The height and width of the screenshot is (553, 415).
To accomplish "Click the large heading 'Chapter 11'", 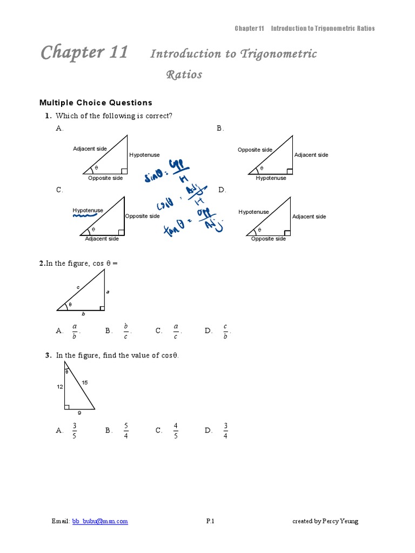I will click(x=84, y=52).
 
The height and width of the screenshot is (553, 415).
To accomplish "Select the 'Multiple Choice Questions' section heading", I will click(x=96, y=103).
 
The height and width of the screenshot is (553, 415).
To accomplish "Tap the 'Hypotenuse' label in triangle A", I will click(x=144, y=155).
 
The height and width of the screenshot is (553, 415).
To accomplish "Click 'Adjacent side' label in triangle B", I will click(x=311, y=155).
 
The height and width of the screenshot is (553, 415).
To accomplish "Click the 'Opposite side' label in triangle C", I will click(x=143, y=216).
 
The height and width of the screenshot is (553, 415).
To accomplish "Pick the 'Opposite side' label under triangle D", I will click(x=269, y=239).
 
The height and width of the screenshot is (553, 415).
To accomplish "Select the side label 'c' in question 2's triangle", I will click(x=78, y=287).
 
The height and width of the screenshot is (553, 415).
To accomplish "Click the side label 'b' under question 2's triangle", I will click(x=83, y=314).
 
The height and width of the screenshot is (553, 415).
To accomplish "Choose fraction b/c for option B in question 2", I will click(x=125, y=331).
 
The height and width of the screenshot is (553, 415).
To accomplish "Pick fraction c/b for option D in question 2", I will click(x=225, y=331).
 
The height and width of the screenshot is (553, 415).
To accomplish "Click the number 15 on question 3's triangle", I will click(x=85, y=382).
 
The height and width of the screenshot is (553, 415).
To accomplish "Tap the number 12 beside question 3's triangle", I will click(x=60, y=387).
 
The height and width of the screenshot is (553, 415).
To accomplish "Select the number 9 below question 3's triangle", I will click(x=79, y=413).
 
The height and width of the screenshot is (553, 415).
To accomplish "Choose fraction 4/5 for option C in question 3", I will click(x=176, y=430).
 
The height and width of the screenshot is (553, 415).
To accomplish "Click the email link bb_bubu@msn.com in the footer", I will click(x=100, y=521).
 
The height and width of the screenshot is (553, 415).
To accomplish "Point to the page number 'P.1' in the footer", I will click(x=210, y=521).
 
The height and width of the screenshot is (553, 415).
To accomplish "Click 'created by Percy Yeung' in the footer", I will click(x=325, y=521).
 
